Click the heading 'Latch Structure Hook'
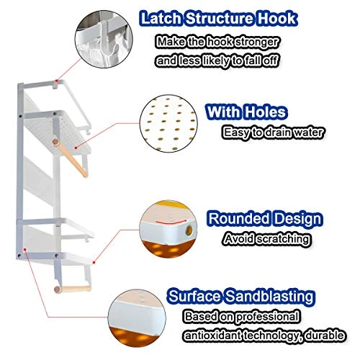coord(218,19)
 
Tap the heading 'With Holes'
coord(246,112)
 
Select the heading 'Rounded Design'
coord(265,219)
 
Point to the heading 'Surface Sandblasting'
coord(241,296)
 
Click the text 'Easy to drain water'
coord(273,132)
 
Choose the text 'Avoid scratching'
coord(266,239)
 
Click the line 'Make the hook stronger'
coord(217,42)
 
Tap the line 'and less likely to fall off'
coord(217,60)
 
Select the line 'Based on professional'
coord(243,317)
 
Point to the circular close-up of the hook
coord(104,39)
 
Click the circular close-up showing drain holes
coord(168,123)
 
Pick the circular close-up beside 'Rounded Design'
coord(168,230)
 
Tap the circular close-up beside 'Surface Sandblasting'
coord(137,318)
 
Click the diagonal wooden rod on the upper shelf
coord(70,158)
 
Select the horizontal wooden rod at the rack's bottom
coord(73,289)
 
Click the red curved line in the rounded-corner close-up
coord(171,222)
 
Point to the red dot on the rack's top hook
coord(56,81)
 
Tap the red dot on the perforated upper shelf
coord(76,148)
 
